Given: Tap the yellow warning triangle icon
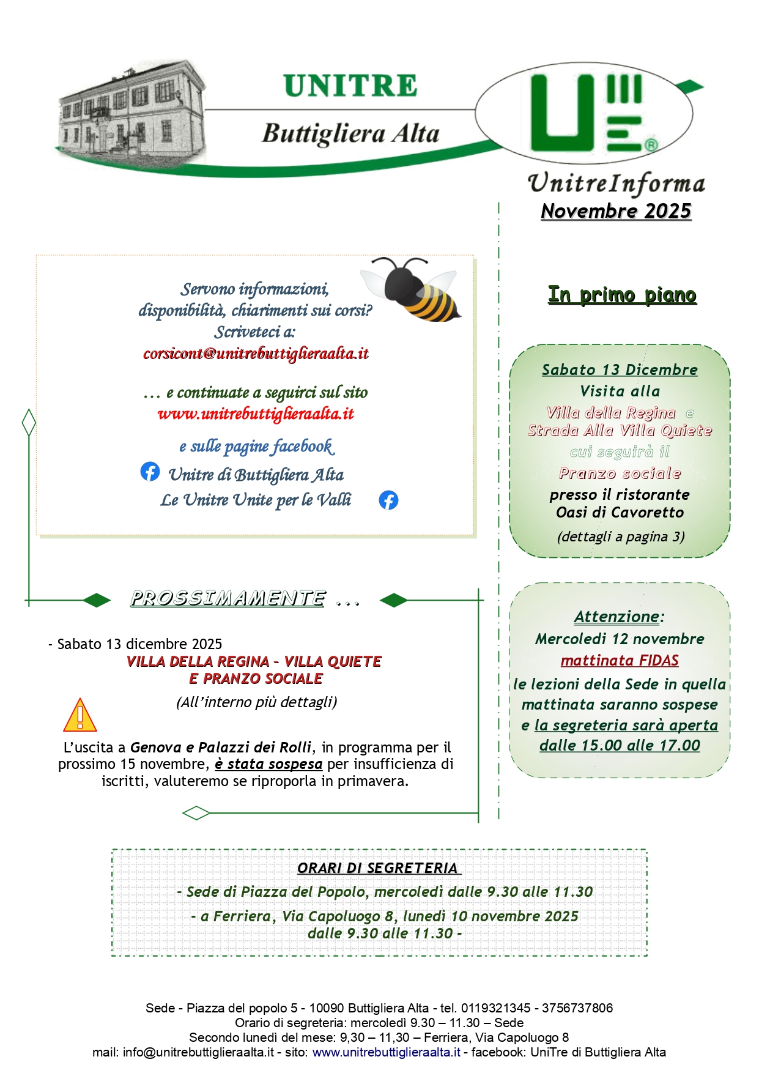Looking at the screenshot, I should coord(80,716).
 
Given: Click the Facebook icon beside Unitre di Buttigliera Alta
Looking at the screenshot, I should coord(150,472).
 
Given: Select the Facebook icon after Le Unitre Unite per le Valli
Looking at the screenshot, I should coord(388,500).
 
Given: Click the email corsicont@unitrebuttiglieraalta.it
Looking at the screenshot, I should coord(256,354).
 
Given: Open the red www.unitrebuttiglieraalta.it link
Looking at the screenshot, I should coord(256,414).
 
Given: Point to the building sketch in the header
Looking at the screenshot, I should coord(131,110).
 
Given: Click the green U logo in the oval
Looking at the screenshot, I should coord(584,113).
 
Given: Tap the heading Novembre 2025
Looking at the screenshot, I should coord(616,211).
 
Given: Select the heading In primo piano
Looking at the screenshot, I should coord(622,295).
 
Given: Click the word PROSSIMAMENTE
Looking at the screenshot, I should coord(228,598).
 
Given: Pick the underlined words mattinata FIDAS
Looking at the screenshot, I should coord(620,661).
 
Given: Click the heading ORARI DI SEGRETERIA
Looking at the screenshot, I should coord(378,868).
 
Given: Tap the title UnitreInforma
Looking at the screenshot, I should coord(616,184).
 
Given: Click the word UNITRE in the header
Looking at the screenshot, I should coord(350,86).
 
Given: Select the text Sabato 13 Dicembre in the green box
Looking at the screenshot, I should coord(620,370).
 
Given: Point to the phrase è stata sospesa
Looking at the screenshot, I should coord(268,764).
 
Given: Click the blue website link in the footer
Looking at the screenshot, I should coord(386,1052).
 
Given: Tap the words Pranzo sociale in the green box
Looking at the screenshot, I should coord(620,473).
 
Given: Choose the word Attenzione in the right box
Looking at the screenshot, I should coord(616,617).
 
